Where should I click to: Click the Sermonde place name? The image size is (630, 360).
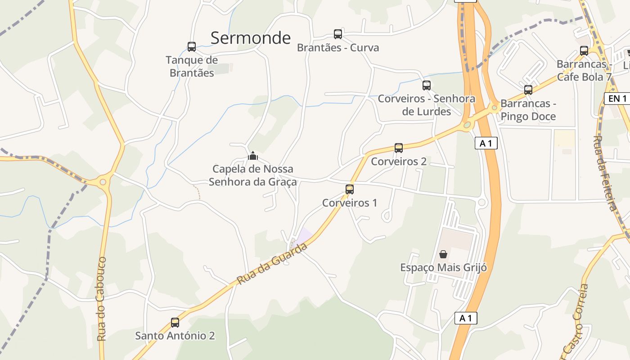251,38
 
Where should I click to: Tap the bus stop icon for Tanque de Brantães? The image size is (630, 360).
192,47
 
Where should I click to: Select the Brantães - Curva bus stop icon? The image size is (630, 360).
338,34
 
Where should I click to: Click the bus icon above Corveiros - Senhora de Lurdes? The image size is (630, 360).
427,85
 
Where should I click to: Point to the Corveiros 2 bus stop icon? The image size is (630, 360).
399,148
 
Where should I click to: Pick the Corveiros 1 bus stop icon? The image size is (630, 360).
350,189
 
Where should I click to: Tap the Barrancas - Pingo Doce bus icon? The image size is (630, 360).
528,90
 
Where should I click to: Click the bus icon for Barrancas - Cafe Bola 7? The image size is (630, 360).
584,51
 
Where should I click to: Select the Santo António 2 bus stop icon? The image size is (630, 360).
175,323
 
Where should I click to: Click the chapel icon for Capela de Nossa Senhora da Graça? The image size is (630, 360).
253,156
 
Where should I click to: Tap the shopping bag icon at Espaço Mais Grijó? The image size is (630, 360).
443,254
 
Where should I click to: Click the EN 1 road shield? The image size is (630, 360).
617,99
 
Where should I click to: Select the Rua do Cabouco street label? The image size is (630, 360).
102,299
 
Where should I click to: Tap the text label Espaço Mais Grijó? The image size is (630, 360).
444,268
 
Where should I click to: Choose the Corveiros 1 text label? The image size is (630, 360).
350,203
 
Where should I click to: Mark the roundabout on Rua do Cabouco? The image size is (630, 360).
103,182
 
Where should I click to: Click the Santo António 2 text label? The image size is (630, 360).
175,336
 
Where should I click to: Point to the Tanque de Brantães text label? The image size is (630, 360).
192,66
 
